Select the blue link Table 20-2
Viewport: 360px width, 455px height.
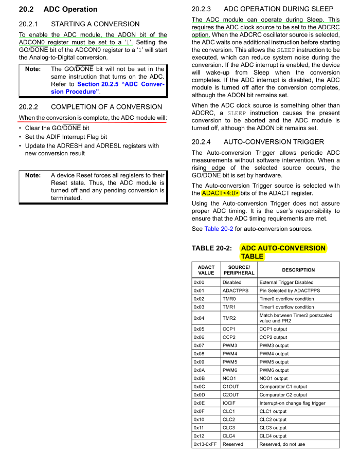pyautogui.click(x=218, y=229)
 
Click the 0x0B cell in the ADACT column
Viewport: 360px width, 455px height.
pyautogui.click(x=199, y=378)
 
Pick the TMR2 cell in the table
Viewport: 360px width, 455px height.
pyautogui.click(x=229, y=318)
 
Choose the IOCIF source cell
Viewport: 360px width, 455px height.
pyautogui.click(x=229, y=403)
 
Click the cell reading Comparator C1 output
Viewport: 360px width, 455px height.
pyautogui.click(x=283, y=387)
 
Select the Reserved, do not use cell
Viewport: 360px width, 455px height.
pyautogui.click(x=282, y=444)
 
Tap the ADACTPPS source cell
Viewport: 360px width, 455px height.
pyautogui.click(x=236, y=290)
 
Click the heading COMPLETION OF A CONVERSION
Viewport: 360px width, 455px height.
pyautogui.click(x=106, y=107)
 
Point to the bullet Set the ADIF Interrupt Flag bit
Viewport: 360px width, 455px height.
pyautogui.click(x=66, y=137)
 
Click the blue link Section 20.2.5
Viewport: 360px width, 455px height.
pyautogui.click(x=121, y=84)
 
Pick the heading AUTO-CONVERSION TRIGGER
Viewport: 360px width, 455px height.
pyautogui.click(x=274, y=142)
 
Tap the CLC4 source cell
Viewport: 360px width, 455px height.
pyautogui.click(x=229, y=436)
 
